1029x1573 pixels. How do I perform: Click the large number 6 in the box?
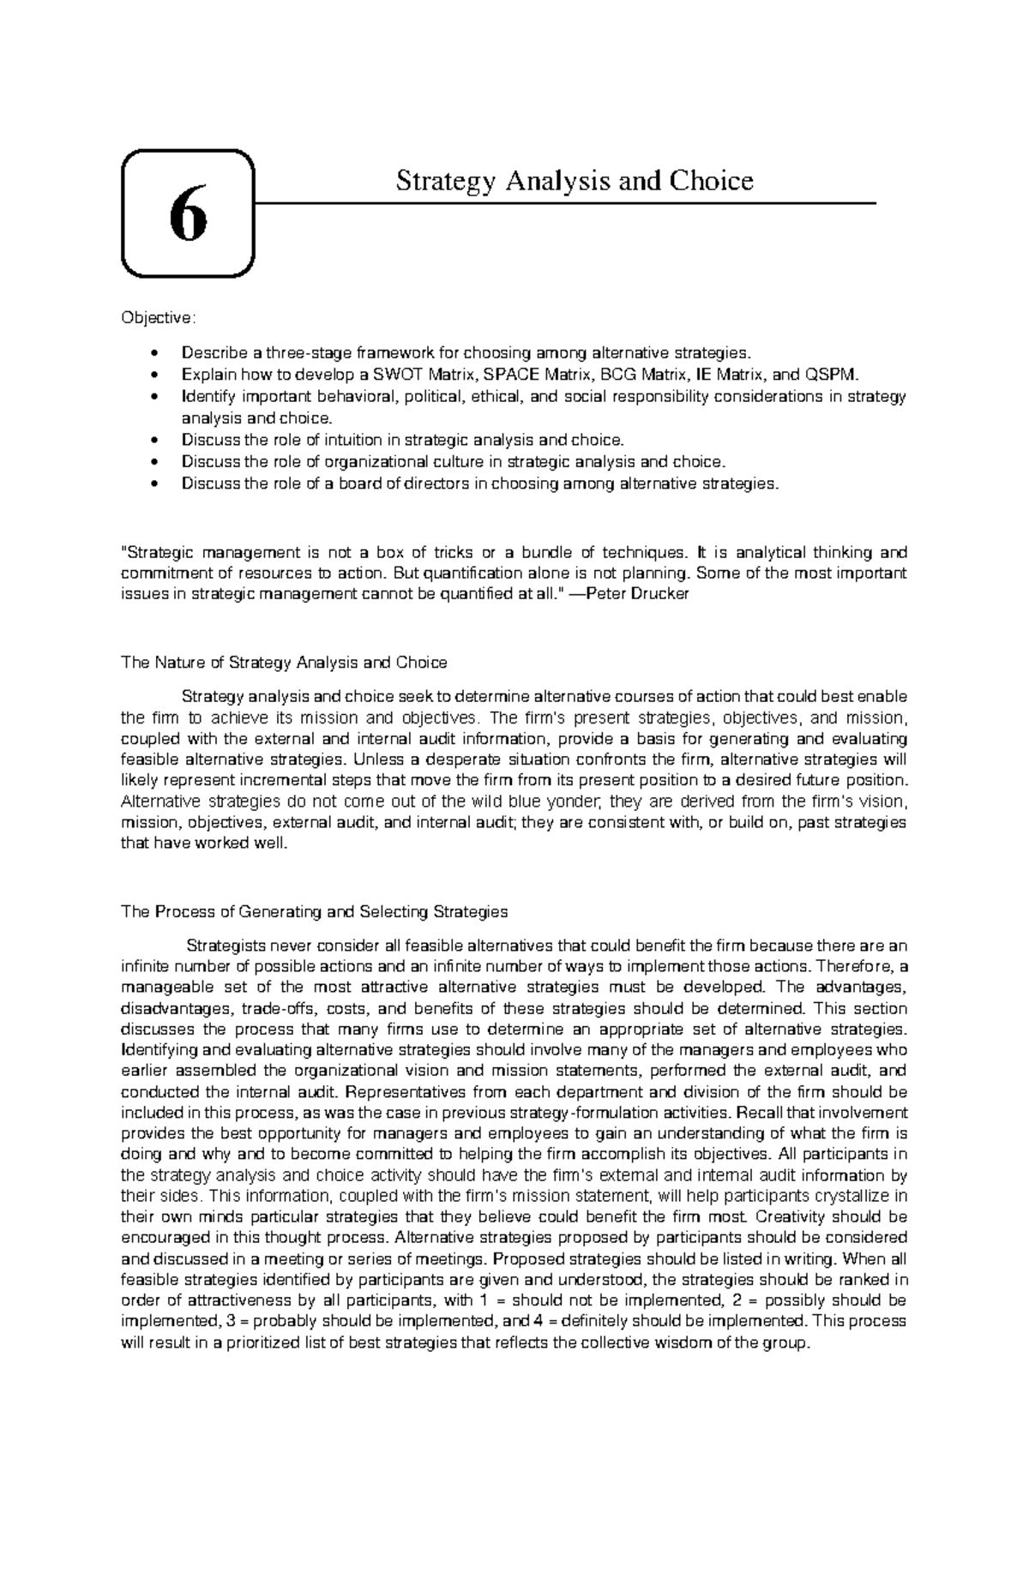click(x=188, y=215)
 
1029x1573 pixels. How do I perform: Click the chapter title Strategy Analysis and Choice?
click(x=574, y=181)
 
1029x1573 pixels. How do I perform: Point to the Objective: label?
click(x=159, y=318)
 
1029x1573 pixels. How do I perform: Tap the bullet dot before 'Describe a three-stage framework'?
click(x=153, y=352)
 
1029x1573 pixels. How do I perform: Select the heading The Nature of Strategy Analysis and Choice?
click(x=284, y=662)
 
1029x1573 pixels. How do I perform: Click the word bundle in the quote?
click(x=545, y=552)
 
